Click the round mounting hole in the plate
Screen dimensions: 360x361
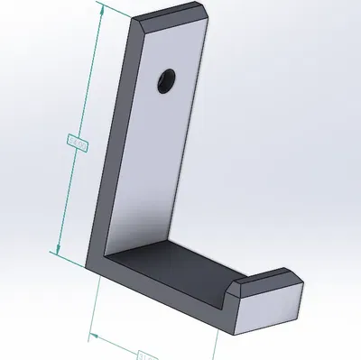164,81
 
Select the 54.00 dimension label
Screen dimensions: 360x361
77,143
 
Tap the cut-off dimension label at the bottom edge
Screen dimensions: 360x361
144,355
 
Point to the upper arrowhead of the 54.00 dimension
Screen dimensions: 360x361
99,9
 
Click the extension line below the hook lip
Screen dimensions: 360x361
218,347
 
